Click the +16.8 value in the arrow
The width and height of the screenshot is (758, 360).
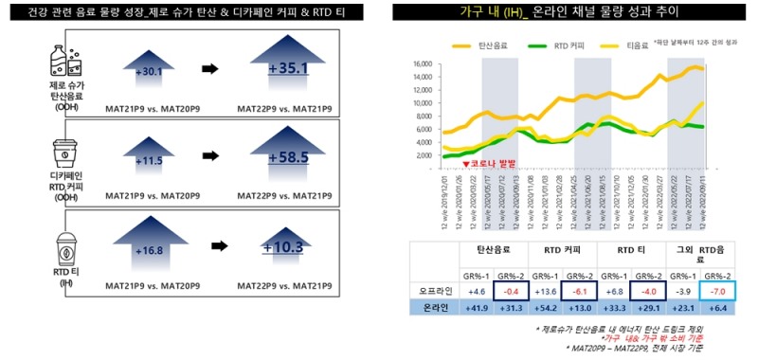pos(149,250)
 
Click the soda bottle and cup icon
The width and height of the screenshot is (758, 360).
pos(65,63)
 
